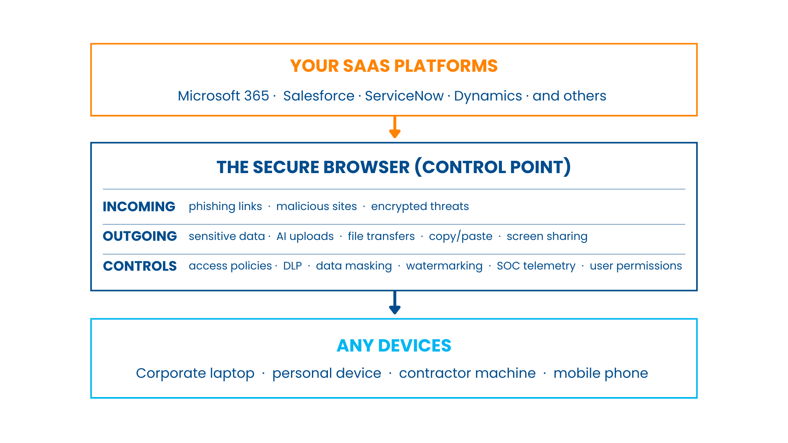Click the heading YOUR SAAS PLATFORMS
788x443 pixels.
394,66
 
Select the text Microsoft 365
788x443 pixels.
223,96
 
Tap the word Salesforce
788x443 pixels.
318,96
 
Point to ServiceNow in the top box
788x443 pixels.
404,96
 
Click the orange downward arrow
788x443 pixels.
394,128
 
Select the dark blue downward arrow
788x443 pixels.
394,303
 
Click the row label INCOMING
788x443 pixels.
139,206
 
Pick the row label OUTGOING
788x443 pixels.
140,236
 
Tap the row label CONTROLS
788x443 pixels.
140,266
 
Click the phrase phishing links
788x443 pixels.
225,206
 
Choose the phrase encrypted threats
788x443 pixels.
419,206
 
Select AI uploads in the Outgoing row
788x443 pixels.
305,236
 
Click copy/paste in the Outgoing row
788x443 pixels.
460,236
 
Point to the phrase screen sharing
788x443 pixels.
547,236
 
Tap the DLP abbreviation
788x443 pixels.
292,266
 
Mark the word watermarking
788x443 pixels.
444,266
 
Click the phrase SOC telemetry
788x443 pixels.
536,266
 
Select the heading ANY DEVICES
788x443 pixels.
394,346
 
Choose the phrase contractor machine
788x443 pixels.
467,373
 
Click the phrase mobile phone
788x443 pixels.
600,373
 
